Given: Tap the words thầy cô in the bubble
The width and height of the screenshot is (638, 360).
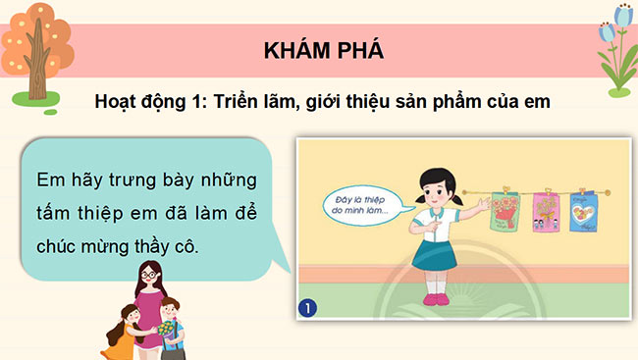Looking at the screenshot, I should (x=172, y=246).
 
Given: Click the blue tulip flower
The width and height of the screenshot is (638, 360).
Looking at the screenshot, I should (x=617, y=20).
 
